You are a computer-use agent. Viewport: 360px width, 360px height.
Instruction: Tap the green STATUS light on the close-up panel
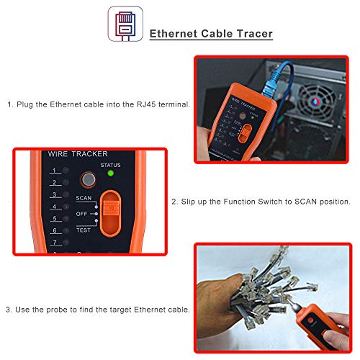coord(110,173)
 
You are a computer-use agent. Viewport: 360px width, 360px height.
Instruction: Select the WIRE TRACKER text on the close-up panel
coord(77,154)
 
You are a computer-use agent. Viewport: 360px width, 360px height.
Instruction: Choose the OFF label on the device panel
coord(83,214)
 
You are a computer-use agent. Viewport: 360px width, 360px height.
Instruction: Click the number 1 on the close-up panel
coord(53,171)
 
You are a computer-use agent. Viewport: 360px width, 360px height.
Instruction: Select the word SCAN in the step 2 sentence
coord(295,204)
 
